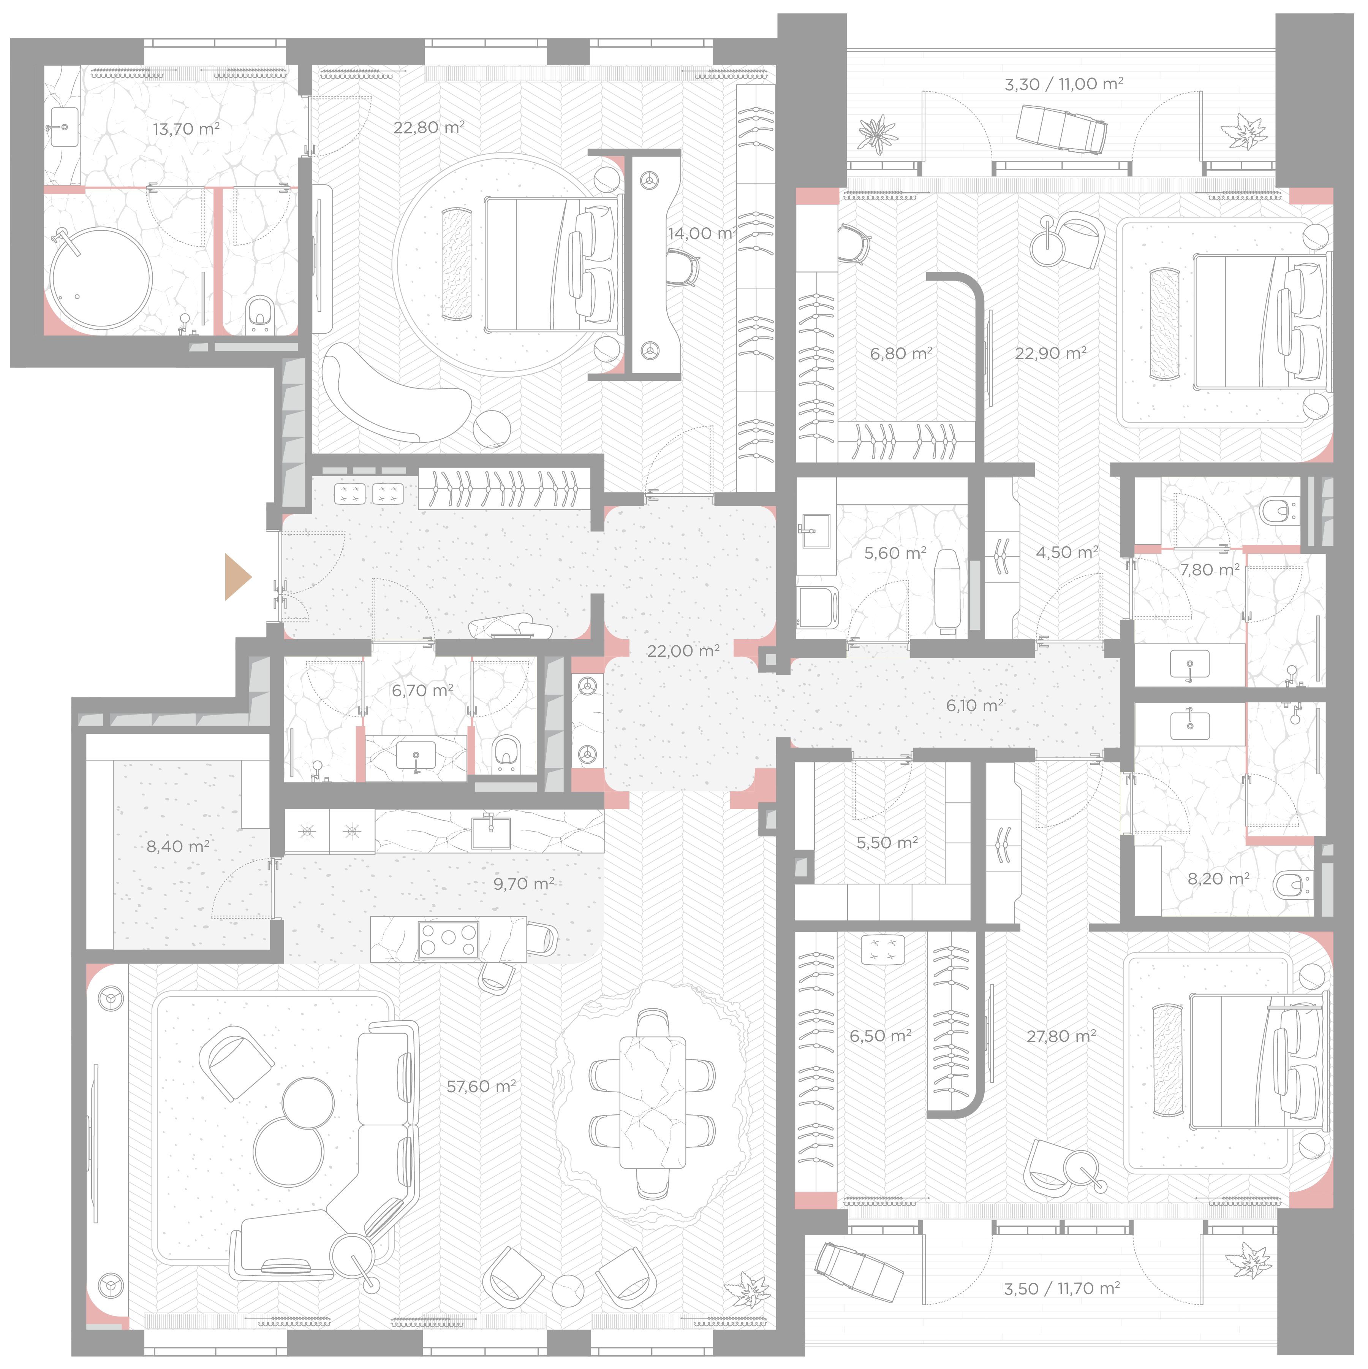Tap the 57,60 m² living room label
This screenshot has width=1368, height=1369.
481,1086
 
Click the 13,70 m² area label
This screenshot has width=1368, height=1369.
186,129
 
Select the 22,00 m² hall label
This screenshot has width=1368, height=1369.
683,651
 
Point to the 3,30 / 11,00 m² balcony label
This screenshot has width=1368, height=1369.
1064,84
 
